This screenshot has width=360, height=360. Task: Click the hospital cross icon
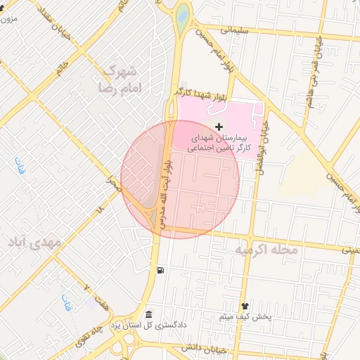[x=219, y=127]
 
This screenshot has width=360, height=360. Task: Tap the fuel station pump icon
[x=162, y=271]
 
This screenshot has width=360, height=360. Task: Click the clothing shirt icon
[x=245, y=307]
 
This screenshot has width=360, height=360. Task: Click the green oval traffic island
[x=183, y=13]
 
